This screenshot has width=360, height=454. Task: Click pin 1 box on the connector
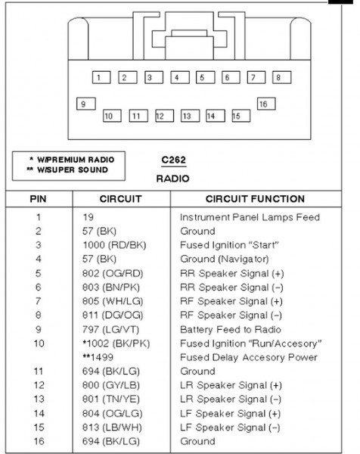[101, 77]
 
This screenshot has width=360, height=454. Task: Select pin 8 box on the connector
[281, 77]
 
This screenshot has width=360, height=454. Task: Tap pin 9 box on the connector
[86, 104]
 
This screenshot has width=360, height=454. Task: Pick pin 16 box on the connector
[266, 104]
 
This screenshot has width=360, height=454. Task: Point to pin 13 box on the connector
[190, 116]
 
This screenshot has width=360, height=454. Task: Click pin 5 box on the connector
[205, 77]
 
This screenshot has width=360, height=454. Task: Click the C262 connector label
[174, 160]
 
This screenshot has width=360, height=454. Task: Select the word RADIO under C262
[172, 179]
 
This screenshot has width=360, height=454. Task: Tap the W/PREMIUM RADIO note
[72, 160]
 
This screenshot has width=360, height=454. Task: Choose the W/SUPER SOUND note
[67, 169]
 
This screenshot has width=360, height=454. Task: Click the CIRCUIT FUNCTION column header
[255, 199]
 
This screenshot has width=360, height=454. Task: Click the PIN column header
[38, 199]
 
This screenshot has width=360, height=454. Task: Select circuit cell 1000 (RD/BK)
[114, 245]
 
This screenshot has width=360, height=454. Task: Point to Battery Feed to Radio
[231, 329]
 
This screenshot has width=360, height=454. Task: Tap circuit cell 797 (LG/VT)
[110, 329]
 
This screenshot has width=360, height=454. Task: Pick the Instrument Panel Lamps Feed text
[250, 217]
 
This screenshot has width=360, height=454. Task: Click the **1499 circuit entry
[98, 357]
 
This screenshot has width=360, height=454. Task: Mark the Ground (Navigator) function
[225, 259]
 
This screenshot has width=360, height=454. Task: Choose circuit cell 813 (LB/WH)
[112, 428]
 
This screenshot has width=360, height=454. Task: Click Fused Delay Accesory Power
[249, 357]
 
